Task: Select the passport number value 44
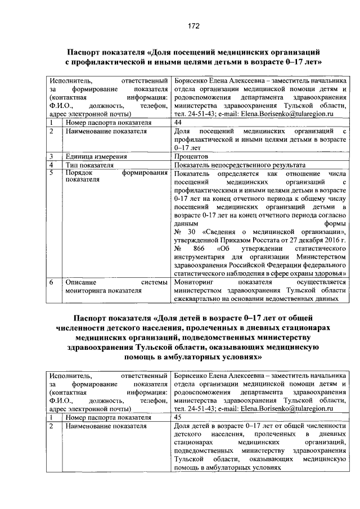pyautogui.click(x=178, y=122)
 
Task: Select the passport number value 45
pyautogui.click(x=178, y=418)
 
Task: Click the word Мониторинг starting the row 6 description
pyautogui.click(x=194, y=282)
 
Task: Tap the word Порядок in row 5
pyautogui.click(x=79, y=174)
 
